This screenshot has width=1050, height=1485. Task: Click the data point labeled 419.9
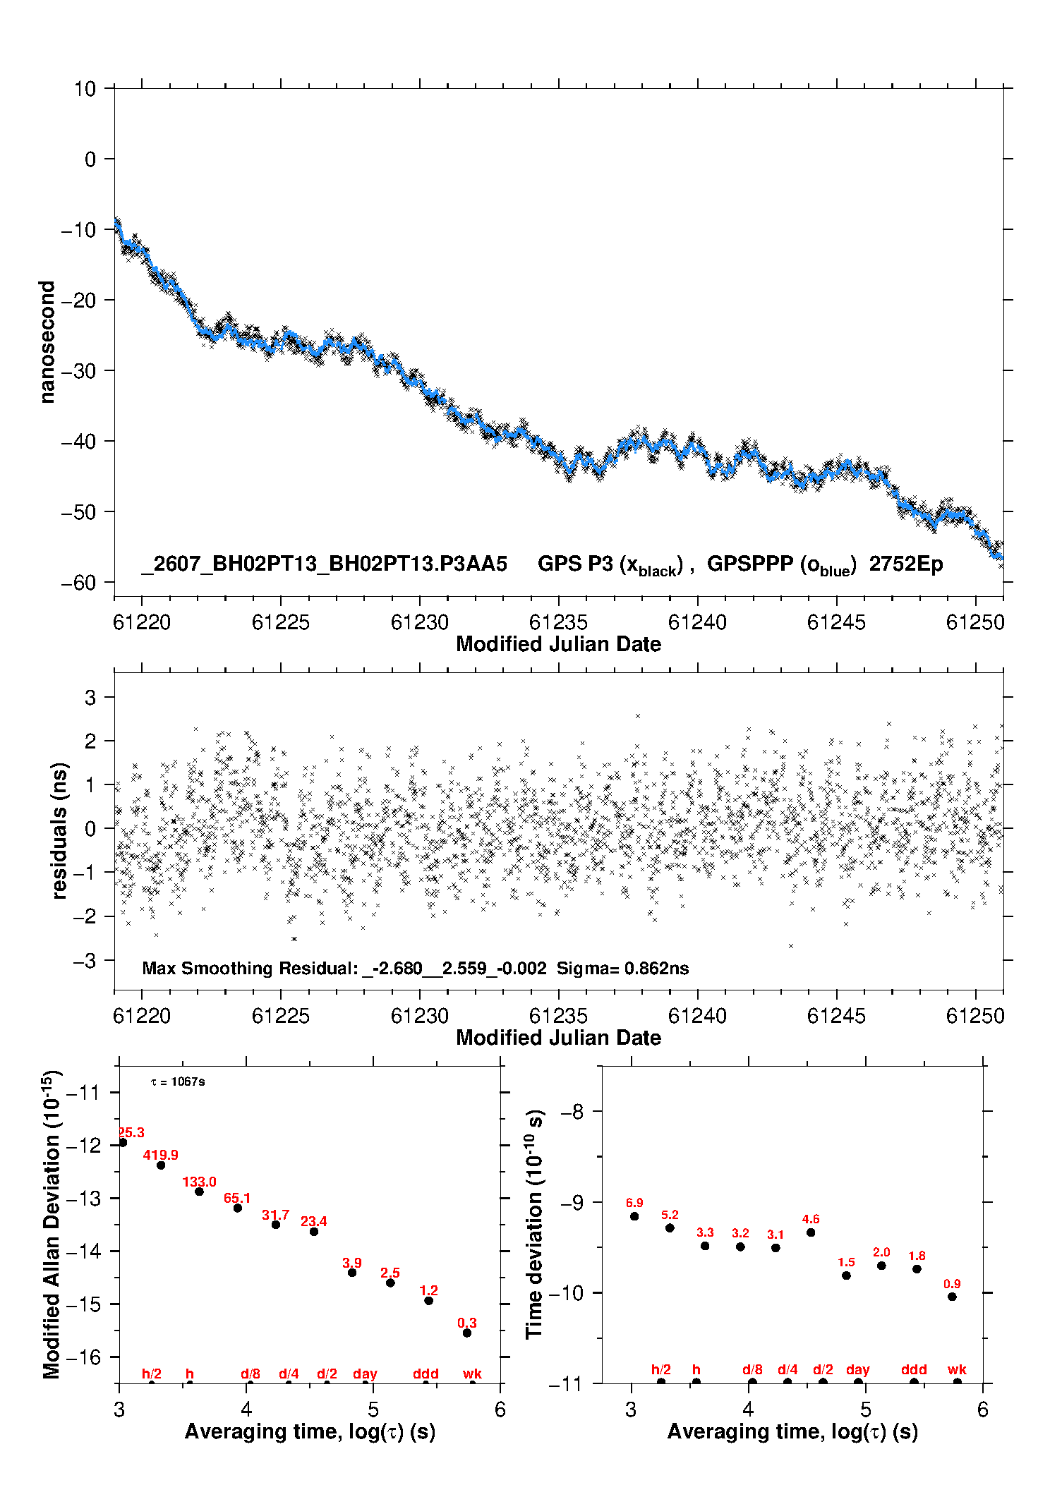click(x=161, y=1165)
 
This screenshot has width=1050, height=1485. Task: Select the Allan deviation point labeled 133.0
click(x=199, y=1192)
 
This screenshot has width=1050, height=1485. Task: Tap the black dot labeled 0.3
click(x=466, y=1333)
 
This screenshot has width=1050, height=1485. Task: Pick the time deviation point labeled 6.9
click(x=634, y=1216)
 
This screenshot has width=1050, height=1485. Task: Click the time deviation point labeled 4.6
click(x=811, y=1232)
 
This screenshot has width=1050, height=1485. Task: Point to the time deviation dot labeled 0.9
click(x=952, y=1297)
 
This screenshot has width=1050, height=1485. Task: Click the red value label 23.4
click(x=314, y=1221)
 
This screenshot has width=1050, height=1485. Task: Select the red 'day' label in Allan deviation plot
click(x=365, y=1374)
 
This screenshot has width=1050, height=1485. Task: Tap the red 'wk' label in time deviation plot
click(x=957, y=1369)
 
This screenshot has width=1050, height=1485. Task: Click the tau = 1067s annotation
click(x=178, y=1081)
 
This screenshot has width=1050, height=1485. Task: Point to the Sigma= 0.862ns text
click(x=622, y=968)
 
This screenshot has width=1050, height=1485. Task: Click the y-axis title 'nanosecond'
click(x=47, y=341)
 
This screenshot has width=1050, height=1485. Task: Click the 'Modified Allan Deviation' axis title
click(x=51, y=1223)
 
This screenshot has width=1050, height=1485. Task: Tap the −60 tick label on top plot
click(x=78, y=583)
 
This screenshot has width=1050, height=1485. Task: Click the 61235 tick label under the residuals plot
click(x=558, y=1016)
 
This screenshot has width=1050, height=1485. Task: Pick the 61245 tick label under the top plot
click(x=836, y=622)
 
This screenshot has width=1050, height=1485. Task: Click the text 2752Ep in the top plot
click(x=906, y=564)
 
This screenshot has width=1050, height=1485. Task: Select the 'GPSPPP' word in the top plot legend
click(x=750, y=564)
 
